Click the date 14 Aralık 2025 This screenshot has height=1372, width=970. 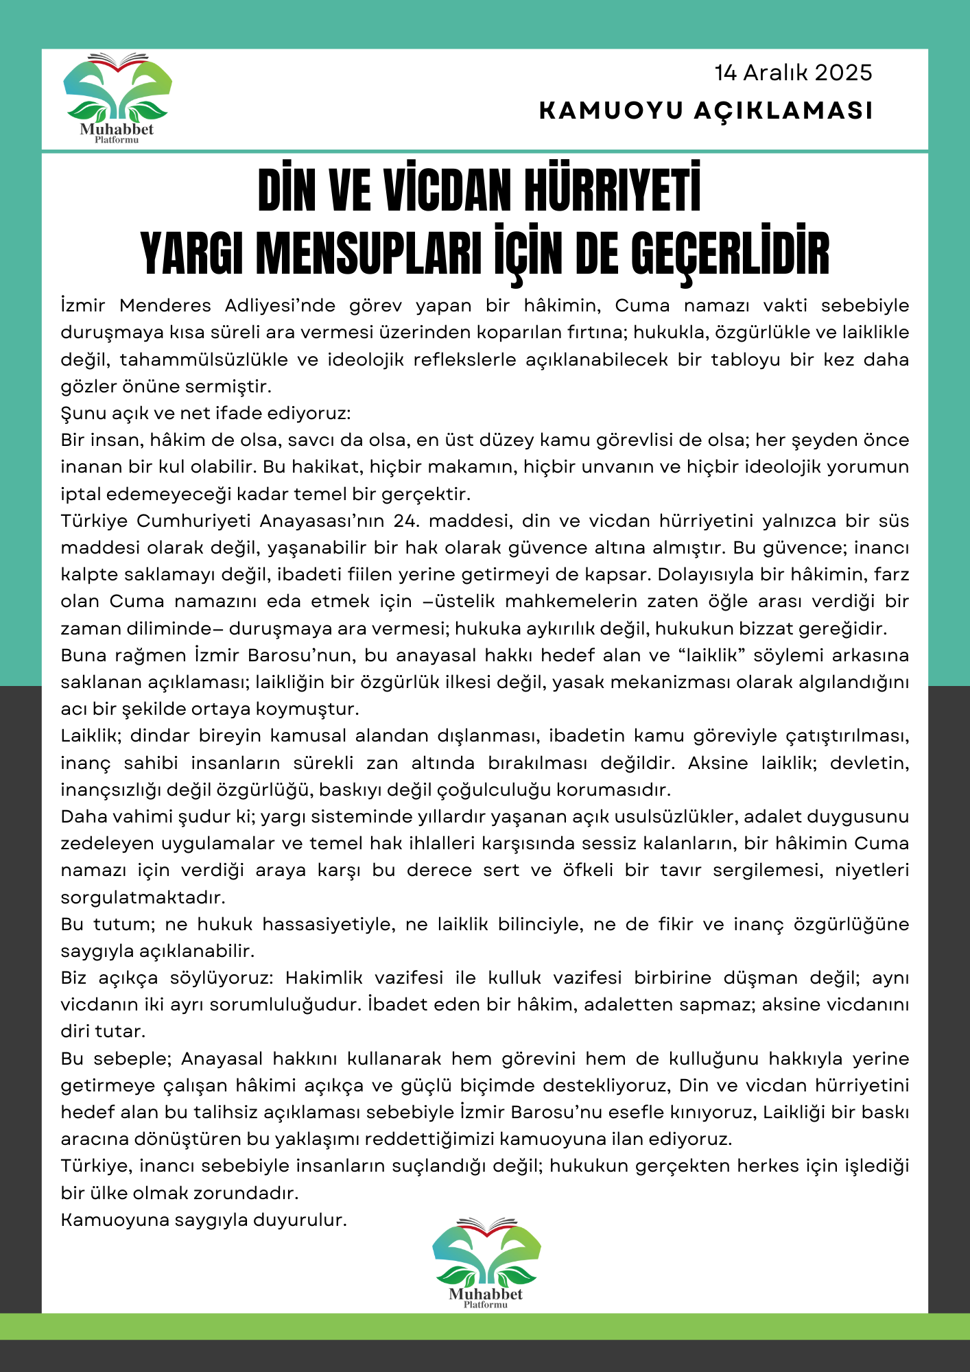click(x=793, y=73)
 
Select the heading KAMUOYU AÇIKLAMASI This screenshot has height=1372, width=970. click(x=706, y=110)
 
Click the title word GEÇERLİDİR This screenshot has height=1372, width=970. click(x=730, y=254)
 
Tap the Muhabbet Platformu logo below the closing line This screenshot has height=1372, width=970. click(x=486, y=1263)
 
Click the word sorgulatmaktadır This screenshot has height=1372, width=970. click(x=143, y=897)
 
